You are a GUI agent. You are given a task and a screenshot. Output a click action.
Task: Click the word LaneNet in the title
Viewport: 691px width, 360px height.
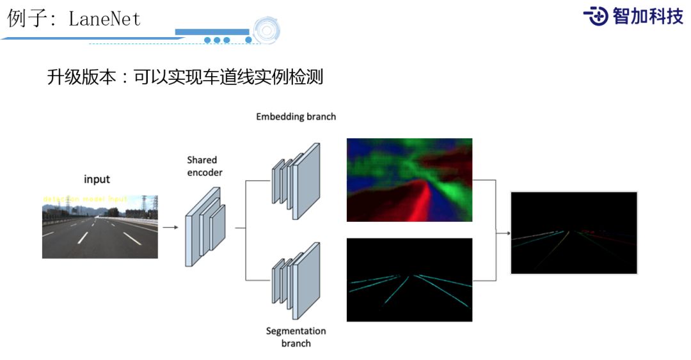(104, 19)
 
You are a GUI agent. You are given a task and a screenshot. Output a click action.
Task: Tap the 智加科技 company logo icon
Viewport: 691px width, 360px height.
(596, 15)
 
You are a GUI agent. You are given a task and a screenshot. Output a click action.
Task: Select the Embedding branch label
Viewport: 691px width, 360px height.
(296, 117)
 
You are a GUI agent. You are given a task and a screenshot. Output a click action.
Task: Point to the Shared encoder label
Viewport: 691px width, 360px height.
(202, 166)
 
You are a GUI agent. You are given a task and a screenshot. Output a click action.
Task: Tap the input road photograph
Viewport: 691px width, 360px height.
(100, 226)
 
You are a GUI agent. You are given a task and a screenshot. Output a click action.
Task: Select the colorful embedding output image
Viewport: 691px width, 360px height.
(409, 180)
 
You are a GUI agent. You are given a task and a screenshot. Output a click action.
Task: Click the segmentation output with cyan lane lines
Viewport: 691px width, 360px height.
(409, 279)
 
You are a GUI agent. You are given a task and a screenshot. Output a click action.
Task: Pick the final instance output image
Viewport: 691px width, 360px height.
(574, 233)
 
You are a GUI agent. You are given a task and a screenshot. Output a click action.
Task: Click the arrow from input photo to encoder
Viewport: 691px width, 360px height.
(170, 226)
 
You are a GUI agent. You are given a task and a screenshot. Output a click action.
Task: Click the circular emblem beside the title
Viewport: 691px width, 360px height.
(266, 30)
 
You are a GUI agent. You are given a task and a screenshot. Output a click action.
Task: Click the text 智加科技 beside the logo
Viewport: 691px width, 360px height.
(647, 16)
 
